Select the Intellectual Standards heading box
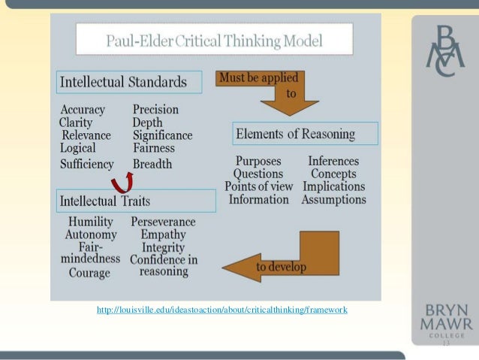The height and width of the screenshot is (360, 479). (129, 82)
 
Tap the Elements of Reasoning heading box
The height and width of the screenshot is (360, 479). (305, 134)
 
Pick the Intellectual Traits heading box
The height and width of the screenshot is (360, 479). (136, 201)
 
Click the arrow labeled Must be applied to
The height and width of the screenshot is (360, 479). (259, 91)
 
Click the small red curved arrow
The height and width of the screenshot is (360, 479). (121, 183)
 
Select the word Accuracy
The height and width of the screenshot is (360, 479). (83, 110)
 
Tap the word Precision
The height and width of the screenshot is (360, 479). (155, 110)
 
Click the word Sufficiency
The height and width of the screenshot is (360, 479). (87, 164)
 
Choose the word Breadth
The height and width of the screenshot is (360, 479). (152, 164)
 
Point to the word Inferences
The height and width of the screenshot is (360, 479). (333, 161)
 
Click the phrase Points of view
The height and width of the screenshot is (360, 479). (256, 186)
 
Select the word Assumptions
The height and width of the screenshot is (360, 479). (333, 200)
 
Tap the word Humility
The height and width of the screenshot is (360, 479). (90, 222)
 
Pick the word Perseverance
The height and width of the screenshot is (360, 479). (163, 222)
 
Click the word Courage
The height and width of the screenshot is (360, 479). (89, 273)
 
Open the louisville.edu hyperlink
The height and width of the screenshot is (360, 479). (222, 310)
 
